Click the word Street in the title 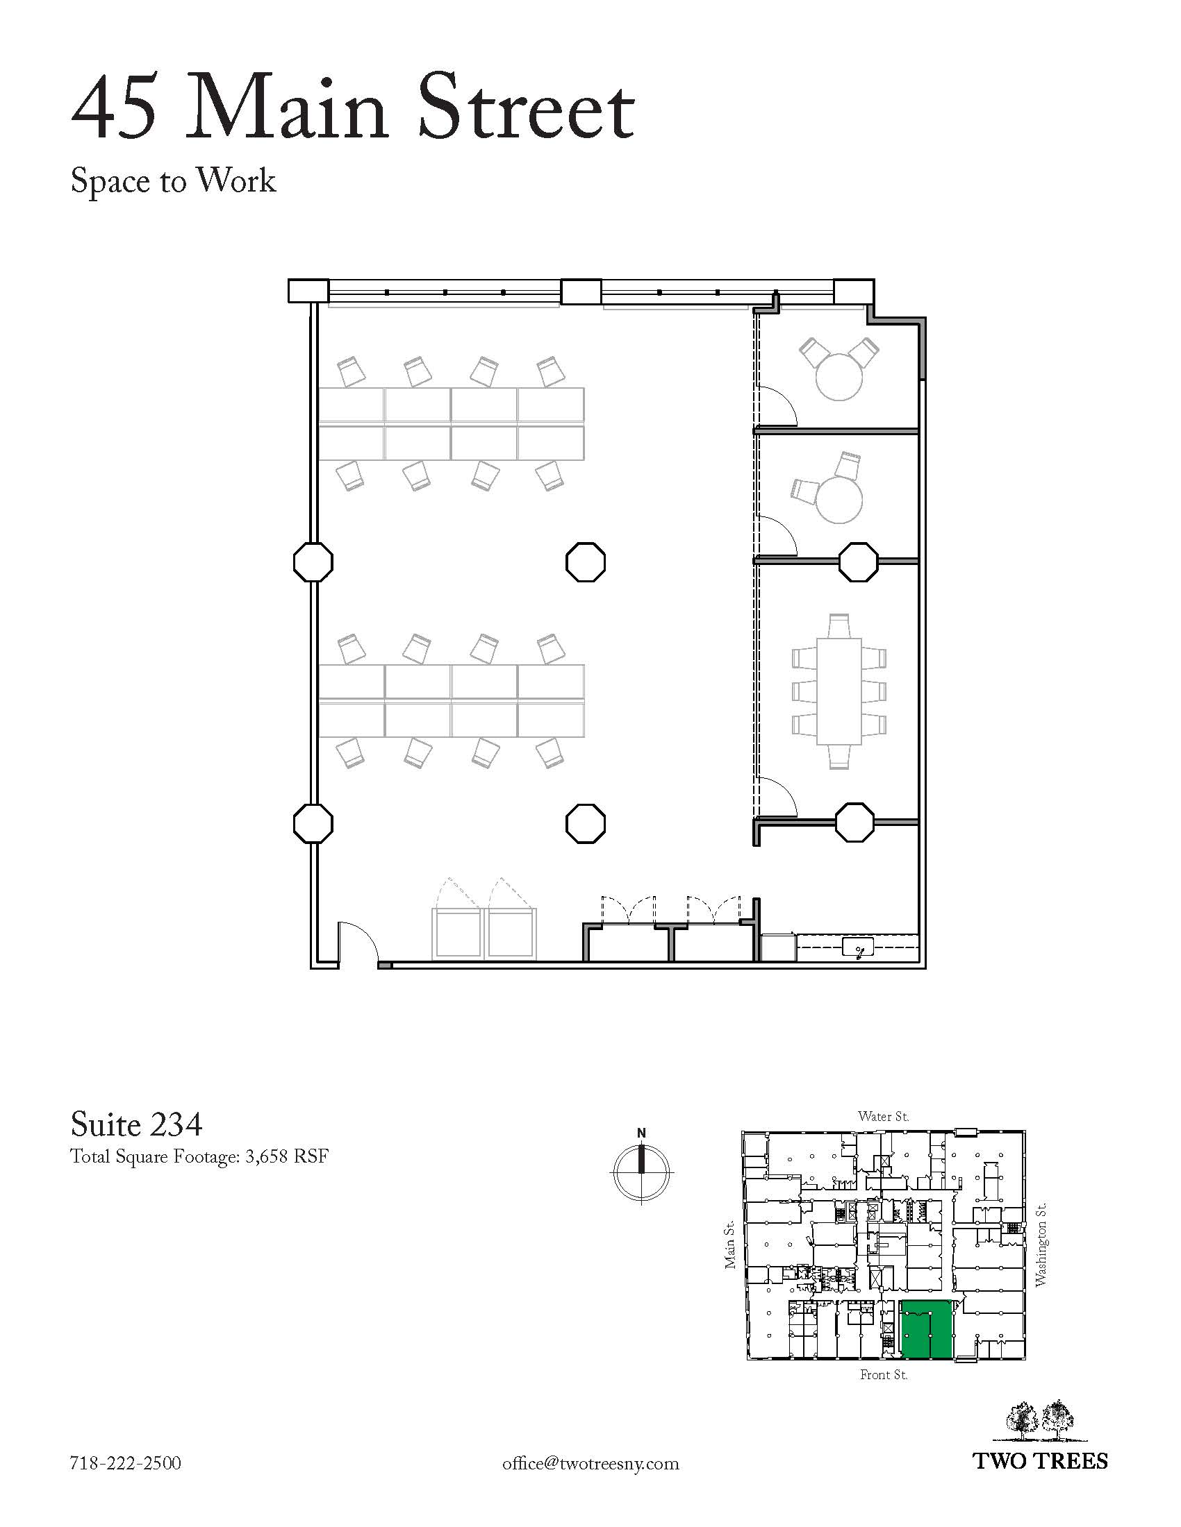tap(526, 109)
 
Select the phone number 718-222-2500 tap(126, 1462)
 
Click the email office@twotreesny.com tap(590, 1462)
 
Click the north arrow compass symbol tap(642, 1170)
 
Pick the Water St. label tap(884, 1117)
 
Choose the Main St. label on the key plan tap(729, 1245)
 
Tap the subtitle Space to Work tap(174, 181)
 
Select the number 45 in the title tap(114, 109)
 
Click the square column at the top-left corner tap(308, 291)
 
